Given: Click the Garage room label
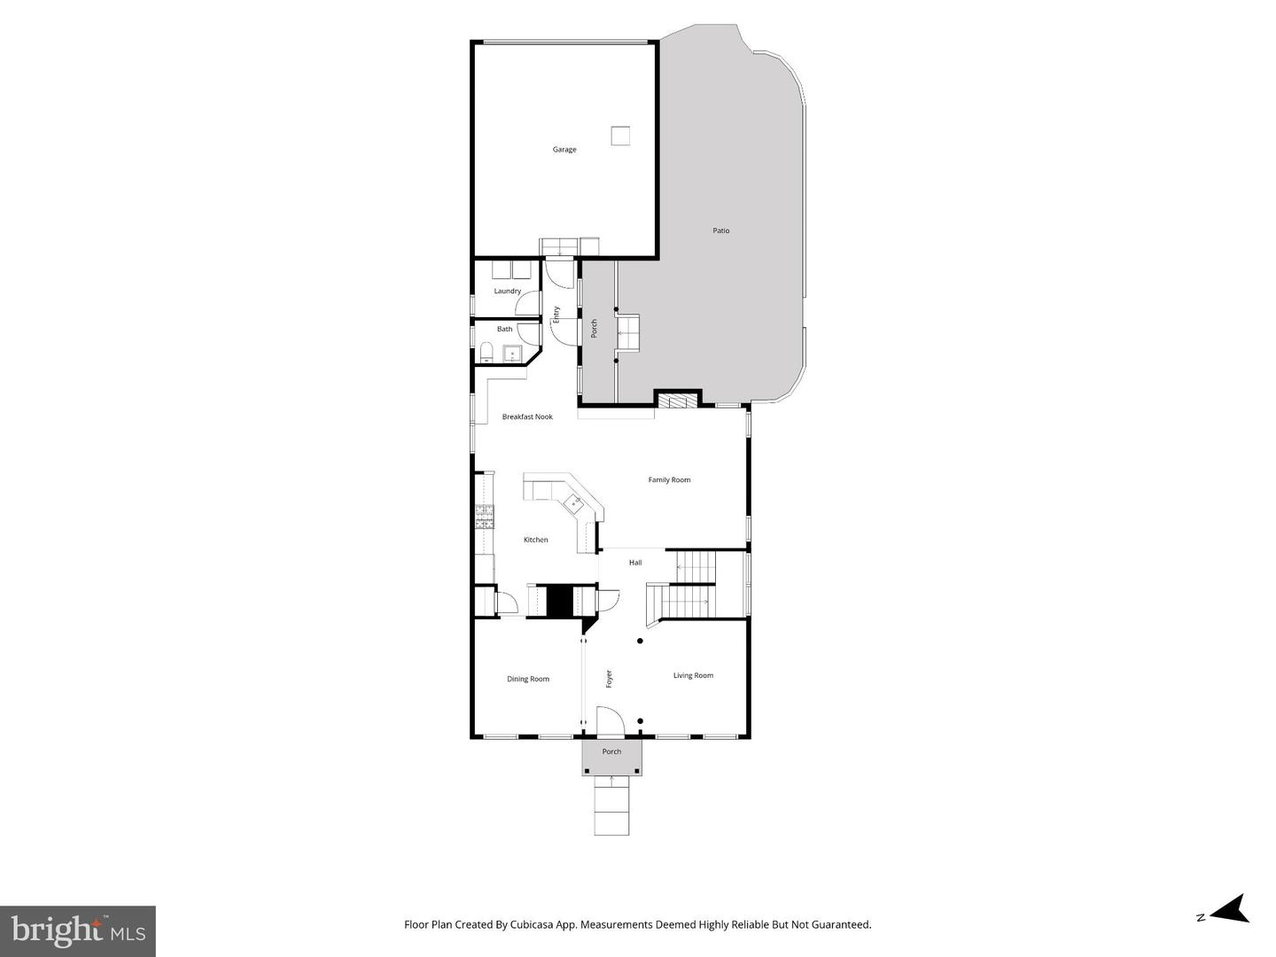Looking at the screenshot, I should (x=564, y=150).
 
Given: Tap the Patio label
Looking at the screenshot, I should (x=721, y=230).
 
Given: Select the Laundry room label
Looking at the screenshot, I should (x=508, y=292).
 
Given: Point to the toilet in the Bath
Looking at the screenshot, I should (x=486, y=354).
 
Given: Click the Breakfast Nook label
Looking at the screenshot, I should (x=527, y=416).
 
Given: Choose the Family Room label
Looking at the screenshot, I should (x=669, y=480).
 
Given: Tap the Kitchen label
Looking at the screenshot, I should (x=536, y=540).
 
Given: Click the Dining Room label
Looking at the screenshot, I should (x=528, y=680).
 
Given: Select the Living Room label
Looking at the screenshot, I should (x=693, y=675).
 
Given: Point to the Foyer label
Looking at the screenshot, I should (x=609, y=679).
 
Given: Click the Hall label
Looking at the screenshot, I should (x=635, y=563).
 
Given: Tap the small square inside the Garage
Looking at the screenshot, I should (x=620, y=136).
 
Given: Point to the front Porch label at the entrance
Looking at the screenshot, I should (x=611, y=751).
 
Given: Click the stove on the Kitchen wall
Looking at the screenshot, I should (x=485, y=515).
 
